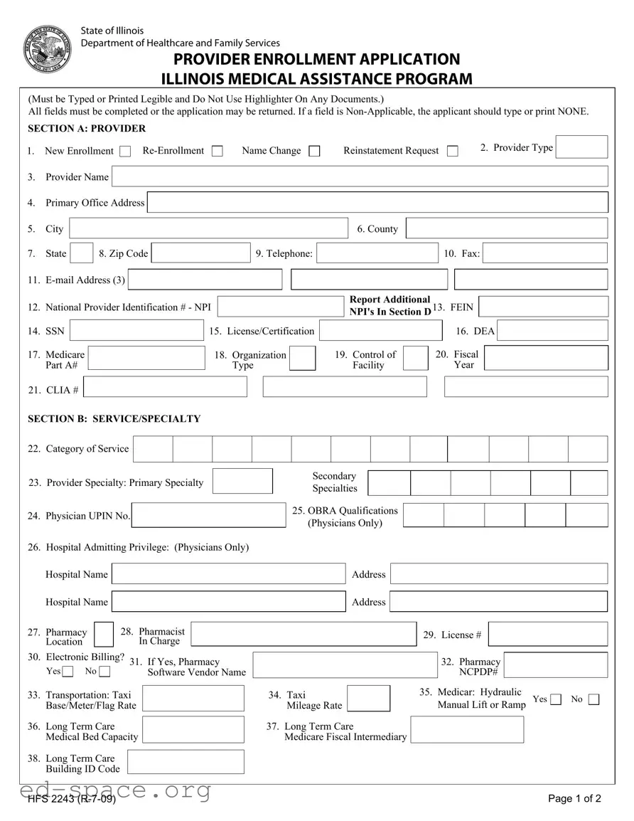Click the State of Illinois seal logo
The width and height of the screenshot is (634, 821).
48,48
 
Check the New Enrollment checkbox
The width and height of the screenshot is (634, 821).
125,151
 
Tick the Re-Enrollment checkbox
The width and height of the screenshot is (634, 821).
217,151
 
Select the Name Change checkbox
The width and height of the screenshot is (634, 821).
314,151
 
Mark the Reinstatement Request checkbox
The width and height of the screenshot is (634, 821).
452,151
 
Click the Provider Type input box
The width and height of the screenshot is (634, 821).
581,147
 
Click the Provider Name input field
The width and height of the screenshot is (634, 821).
360,176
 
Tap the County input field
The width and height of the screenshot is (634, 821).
507,228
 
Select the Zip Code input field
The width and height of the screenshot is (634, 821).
200,253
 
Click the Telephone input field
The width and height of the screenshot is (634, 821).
377,253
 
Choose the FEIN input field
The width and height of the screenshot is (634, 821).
544,307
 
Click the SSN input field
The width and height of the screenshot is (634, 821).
136,331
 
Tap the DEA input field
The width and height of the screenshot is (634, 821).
552,331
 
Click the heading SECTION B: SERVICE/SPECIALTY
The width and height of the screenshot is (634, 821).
114,419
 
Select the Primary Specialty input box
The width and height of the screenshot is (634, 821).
242,482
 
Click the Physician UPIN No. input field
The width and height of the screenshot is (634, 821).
209,516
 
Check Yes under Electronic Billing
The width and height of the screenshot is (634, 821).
68,672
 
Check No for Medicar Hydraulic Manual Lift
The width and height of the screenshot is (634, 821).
593,699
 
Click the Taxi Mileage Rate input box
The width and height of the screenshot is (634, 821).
368,699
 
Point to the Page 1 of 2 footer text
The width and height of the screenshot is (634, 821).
574,798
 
